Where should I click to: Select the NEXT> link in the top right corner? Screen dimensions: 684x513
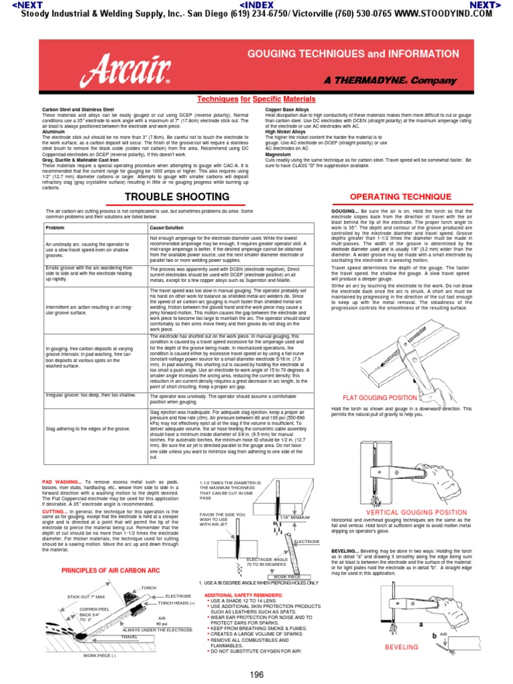[486, 5]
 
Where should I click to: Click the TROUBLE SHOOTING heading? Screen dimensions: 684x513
[175, 196]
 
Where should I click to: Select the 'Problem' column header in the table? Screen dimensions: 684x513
[55, 227]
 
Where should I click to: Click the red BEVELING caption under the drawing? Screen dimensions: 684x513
[401, 647]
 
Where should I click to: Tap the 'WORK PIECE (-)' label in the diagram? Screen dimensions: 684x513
[100, 655]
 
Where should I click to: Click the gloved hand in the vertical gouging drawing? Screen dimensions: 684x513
[400, 469]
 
